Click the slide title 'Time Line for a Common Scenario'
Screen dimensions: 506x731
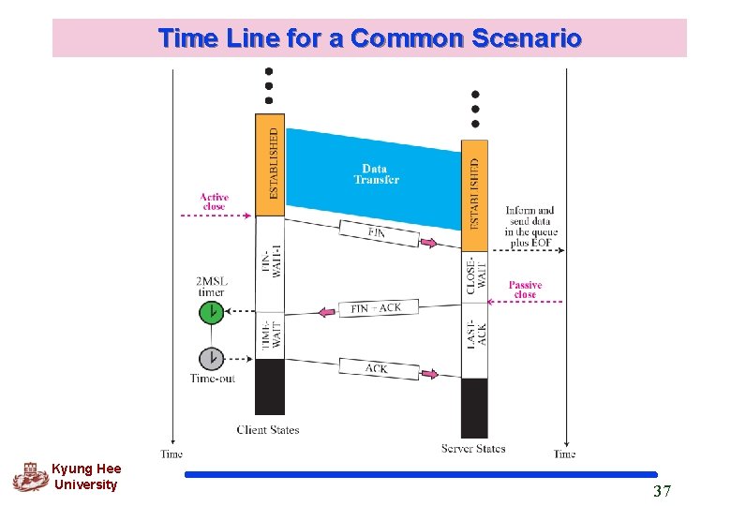[x=369, y=38]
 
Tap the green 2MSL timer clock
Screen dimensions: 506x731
[x=212, y=312]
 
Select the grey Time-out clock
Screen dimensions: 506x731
[x=212, y=358]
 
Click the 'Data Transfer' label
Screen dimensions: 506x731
[x=376, y=174]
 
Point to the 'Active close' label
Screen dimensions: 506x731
[x=214, y=201]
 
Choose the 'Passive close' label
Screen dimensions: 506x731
[x=525, y=290]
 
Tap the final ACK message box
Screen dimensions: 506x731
[x=377, y=369]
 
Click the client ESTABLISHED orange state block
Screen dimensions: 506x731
[x=270, y=164]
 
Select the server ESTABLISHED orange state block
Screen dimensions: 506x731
[x=474, y=195]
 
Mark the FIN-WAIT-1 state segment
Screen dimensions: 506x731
[x=270, y=263]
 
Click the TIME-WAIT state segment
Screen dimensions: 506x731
[x=270, y=335]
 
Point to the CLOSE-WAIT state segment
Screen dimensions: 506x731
[x=475, y=276]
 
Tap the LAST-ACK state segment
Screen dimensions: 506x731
[x=475, y=340]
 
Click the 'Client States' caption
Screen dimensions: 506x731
[x=268, y=430]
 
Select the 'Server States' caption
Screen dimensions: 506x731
[x=473, y=449]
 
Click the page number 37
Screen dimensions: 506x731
[x=662, y=491]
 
